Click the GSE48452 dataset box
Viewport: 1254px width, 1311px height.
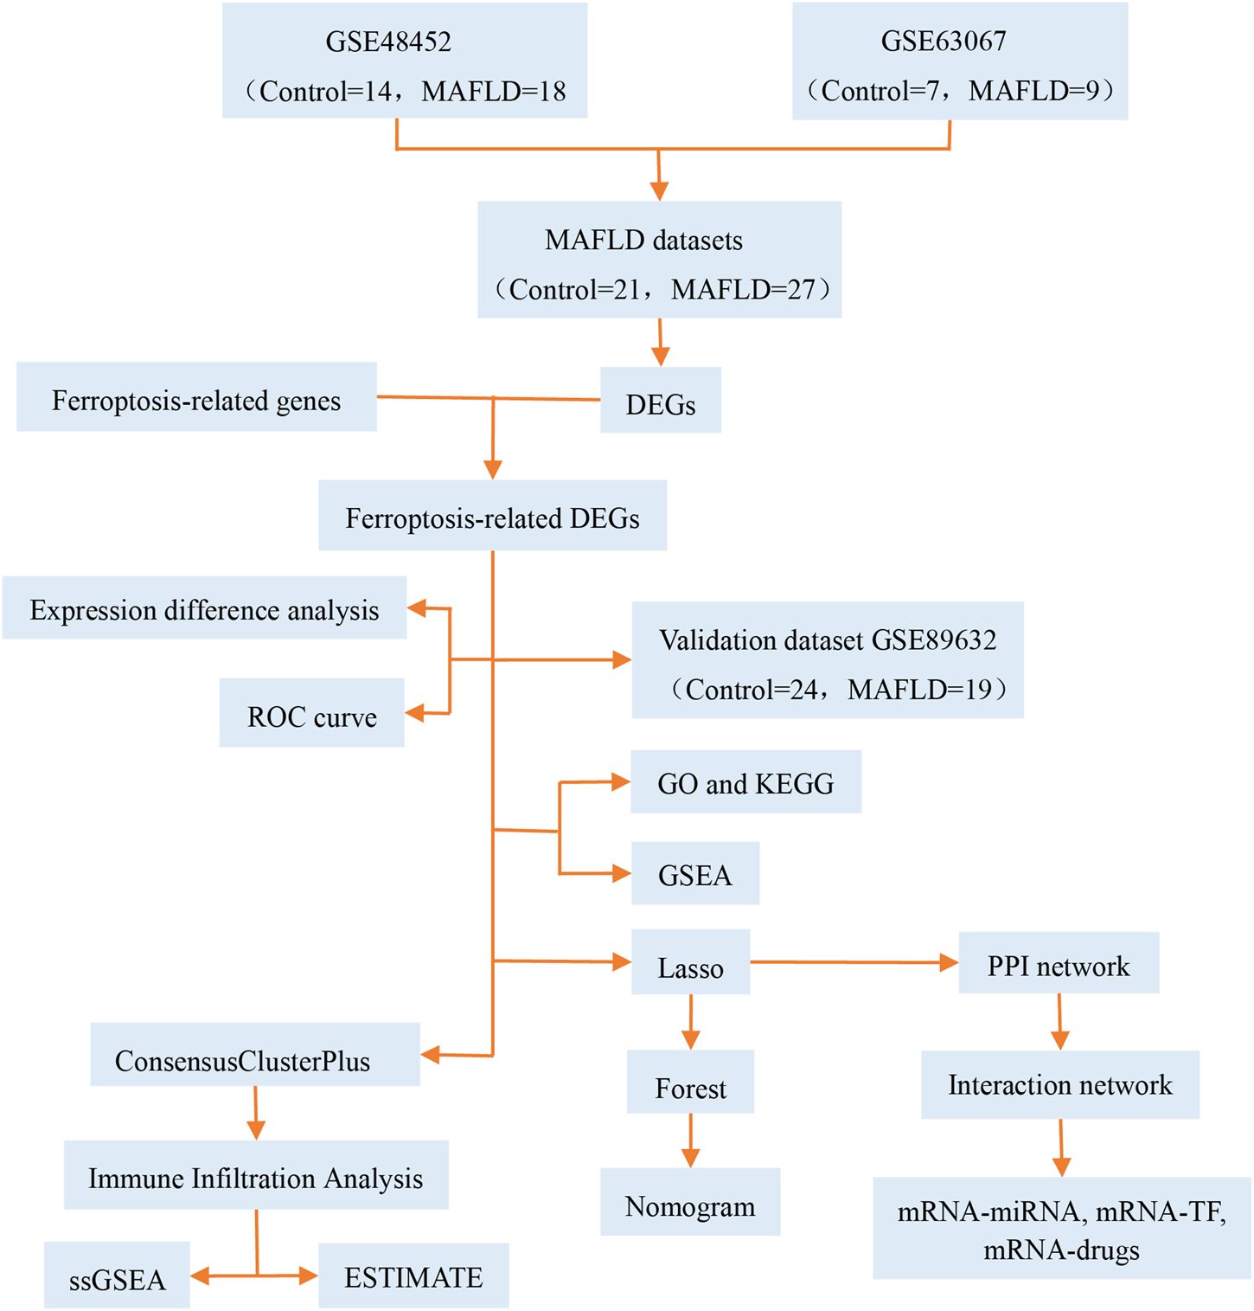[405, 61]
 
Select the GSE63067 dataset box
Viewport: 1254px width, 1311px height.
[960, 61]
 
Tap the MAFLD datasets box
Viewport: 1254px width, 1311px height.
[659, 260]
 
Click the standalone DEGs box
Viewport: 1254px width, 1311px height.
[661, 401]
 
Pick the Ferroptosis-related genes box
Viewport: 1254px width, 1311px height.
[196, 397]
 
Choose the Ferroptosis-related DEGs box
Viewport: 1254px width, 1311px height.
[492, 516]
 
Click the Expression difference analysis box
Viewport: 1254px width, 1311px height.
[204, 608]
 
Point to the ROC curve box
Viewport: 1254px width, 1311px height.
[311, 713]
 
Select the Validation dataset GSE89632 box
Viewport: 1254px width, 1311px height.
[828, 660]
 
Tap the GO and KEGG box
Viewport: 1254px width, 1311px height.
[745, 782]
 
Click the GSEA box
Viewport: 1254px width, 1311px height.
[695, 874]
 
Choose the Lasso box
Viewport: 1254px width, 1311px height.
[690, 962]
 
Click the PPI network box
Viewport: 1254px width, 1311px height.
[1059, 963]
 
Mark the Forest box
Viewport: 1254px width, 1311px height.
[690, 1083]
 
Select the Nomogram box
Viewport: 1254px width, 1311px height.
[690, 1202]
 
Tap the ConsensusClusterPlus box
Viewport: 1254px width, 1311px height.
[255, 1055]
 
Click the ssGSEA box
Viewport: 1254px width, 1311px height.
[117, 1276]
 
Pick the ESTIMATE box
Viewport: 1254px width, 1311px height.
[413, 1276]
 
